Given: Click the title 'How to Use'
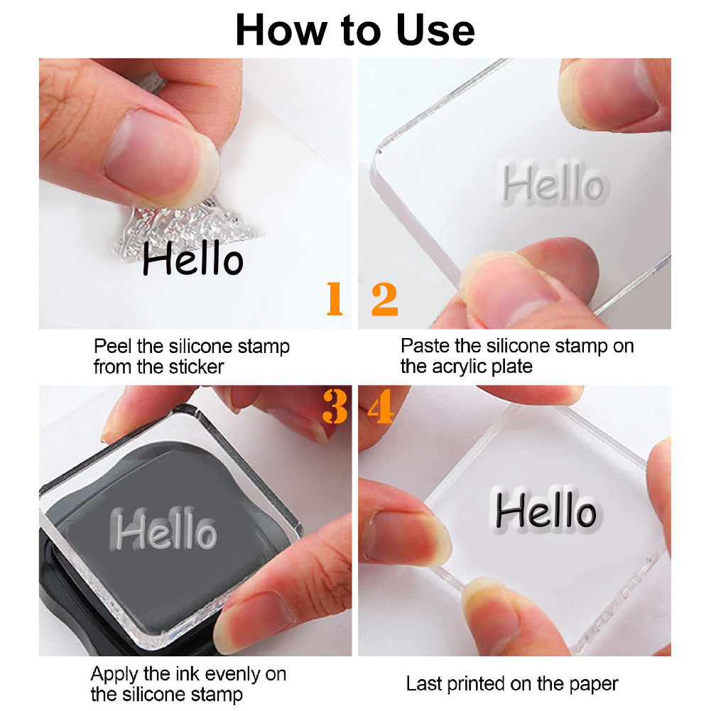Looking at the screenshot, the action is point(355,30).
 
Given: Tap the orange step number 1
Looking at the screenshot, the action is point(335,298).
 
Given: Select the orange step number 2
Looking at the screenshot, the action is point(384,299).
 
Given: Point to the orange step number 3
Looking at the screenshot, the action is point(335,407).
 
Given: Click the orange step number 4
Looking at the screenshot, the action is point(381,407).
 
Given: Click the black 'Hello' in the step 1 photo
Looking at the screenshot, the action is point(193,258).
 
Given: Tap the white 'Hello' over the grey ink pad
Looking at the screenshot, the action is point(163,528).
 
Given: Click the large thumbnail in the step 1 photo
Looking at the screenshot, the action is point(154,154).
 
